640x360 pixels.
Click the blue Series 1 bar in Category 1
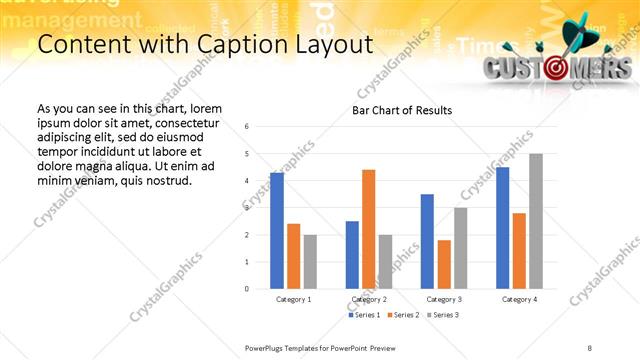[x=277, y=231]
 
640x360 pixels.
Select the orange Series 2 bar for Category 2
[x=369, y=229]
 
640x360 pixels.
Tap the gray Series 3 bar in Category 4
[x=536, y=221]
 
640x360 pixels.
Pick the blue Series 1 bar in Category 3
[x=427, y=241]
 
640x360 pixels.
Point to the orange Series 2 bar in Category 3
[x=444, y=264]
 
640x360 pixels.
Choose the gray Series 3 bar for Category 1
[x=310, y=261]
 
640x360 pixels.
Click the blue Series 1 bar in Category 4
[x=502, y=228]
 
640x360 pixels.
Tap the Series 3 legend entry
[x=445, y=315]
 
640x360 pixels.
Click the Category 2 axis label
[x=369, y=299]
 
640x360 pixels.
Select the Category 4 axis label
[x=519, y=299]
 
